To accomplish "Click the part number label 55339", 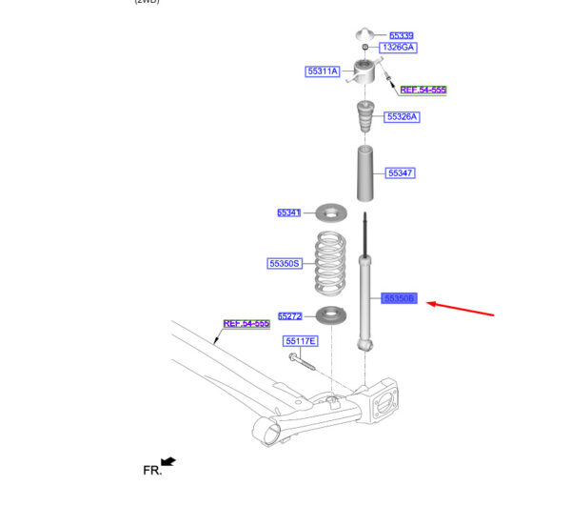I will coord(401,35).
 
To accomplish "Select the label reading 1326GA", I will coord(399,48).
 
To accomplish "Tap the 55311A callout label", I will coord(323,71).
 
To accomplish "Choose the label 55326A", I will coord(402,116).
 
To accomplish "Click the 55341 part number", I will coord(288,213).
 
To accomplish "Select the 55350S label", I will coord(284,263).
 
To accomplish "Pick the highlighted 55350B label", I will coord(400,298).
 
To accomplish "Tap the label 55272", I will coord(289,315).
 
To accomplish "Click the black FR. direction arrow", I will coord(169,462).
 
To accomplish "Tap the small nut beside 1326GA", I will coord(365,48).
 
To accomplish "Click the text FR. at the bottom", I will coord(150,470).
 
